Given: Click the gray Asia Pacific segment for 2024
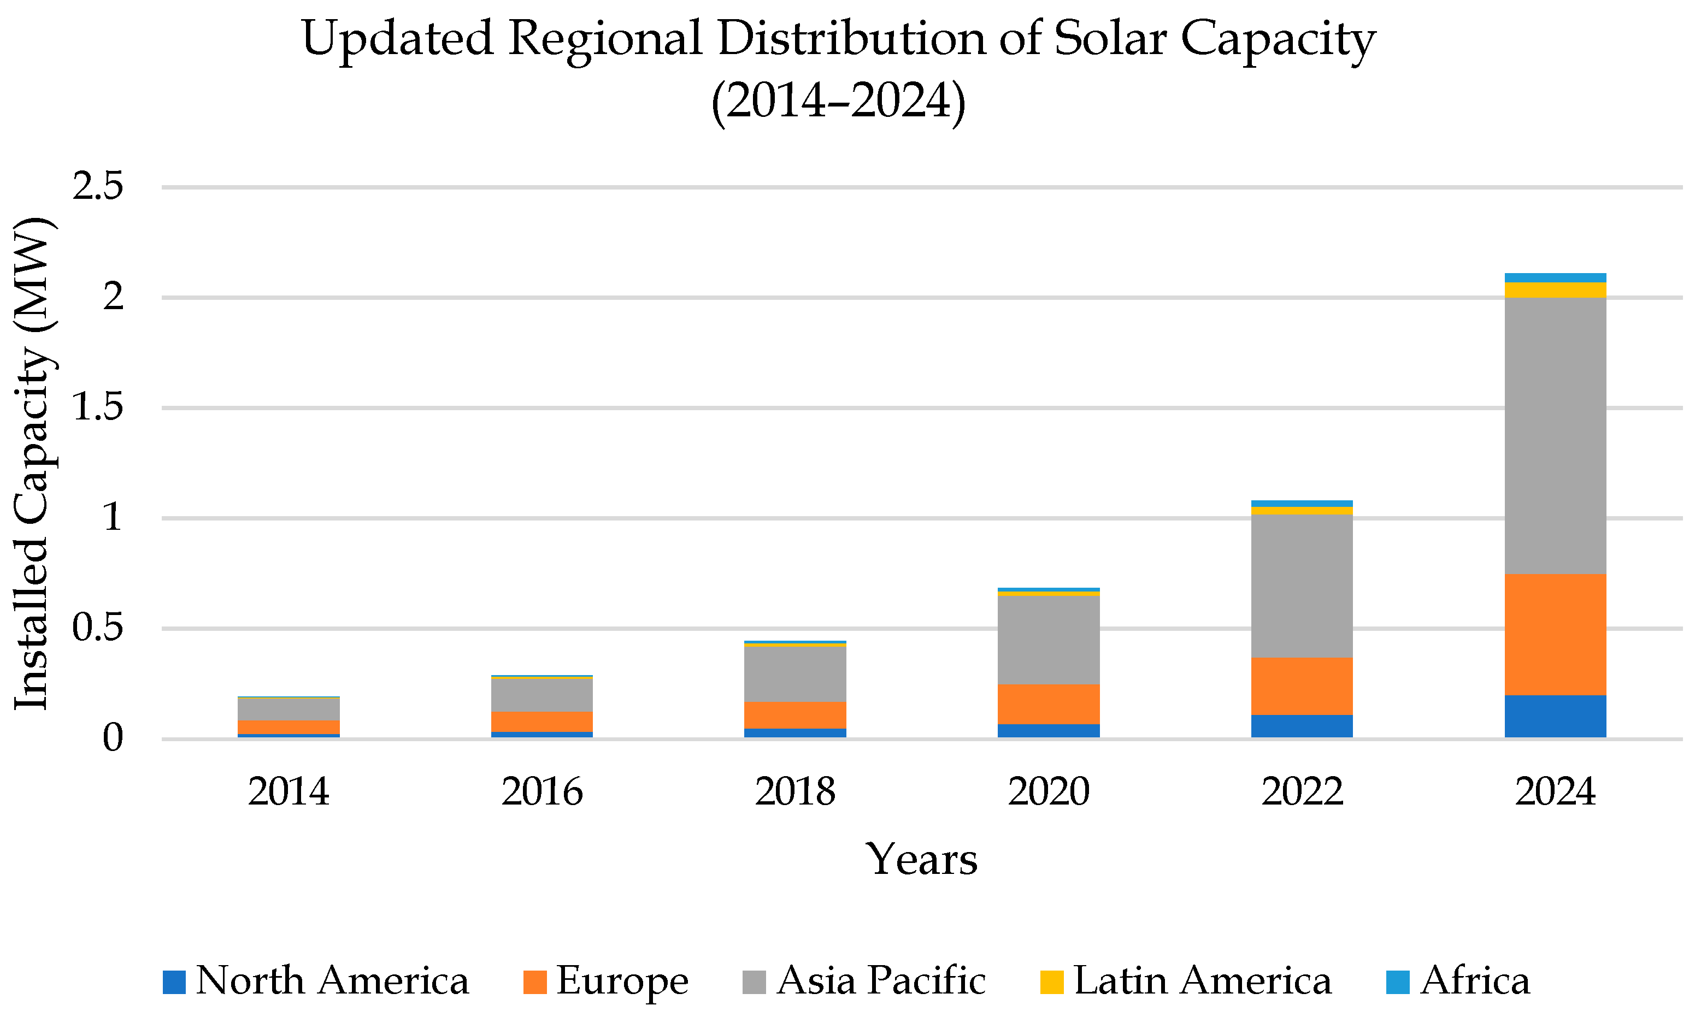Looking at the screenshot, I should click(x=1555, y=436).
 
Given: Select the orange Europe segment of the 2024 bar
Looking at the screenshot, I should click(x=1555, y=634).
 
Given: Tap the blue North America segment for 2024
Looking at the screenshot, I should click(x=1555, y=716).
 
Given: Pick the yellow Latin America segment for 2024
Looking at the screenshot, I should click(x=1555, y=290).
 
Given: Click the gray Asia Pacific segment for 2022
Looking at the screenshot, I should click(x=1301, y=586).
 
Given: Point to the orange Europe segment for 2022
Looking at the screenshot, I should click(x=1301, y=686).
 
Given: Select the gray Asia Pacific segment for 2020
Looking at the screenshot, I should click(x=1048, y=640).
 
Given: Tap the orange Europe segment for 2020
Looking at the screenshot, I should click(x=1048, y=705).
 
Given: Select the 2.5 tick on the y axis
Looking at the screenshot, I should click(x=98, y=186).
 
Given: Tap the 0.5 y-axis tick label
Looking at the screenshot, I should click(x=98, y=628).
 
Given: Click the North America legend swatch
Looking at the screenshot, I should click(x=174, y=982).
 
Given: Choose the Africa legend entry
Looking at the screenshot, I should click(x=1474, y=981).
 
